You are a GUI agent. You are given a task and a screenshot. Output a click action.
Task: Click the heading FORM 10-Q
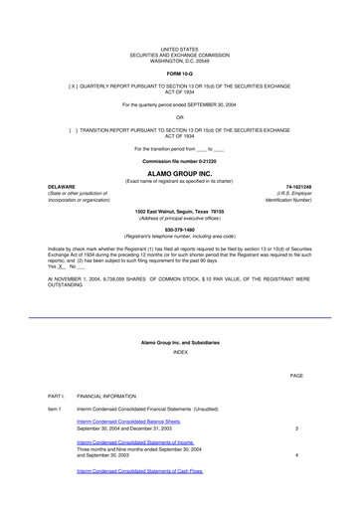[x=180, y=75]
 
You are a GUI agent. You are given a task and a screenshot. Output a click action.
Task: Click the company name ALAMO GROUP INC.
[x=180, y=172]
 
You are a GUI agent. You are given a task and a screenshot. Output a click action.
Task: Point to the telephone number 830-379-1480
[x=180, y=229]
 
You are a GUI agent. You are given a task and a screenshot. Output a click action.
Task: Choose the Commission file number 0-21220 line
[x=180, y=160]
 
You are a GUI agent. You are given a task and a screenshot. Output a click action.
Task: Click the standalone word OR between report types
[x=180, y=117]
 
